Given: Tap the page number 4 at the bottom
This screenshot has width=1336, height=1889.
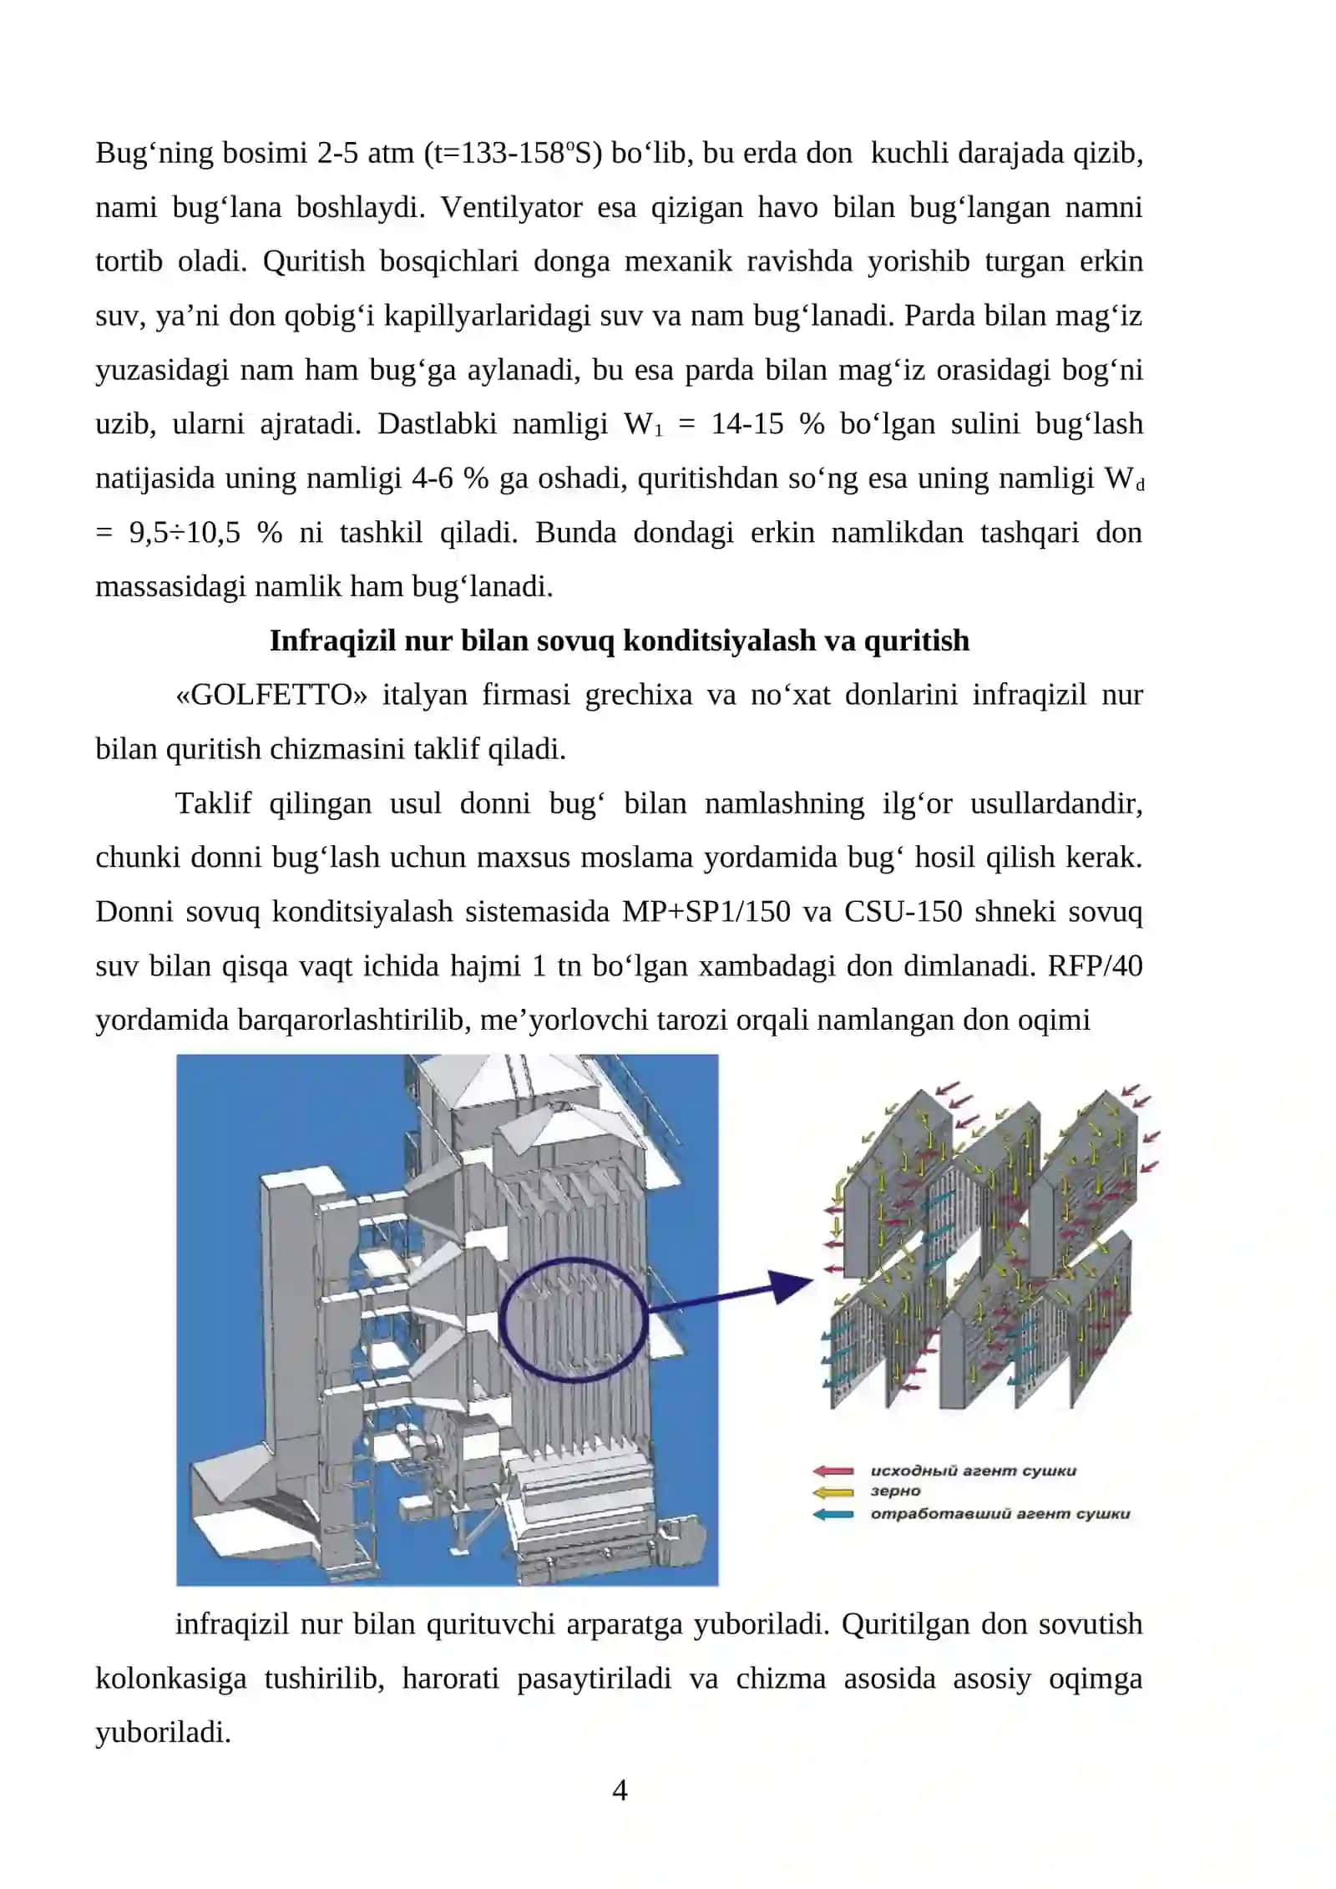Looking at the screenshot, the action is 620,1790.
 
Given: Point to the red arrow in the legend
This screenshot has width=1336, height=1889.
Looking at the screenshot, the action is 832,1471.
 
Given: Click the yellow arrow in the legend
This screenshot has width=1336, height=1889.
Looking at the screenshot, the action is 832,1492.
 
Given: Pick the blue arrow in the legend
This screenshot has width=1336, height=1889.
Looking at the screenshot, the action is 832,1514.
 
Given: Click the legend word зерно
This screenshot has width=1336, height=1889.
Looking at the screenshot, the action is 895,1491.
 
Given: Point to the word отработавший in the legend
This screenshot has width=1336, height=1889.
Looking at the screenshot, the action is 932,1513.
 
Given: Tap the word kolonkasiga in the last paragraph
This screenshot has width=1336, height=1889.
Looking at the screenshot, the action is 170,1679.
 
